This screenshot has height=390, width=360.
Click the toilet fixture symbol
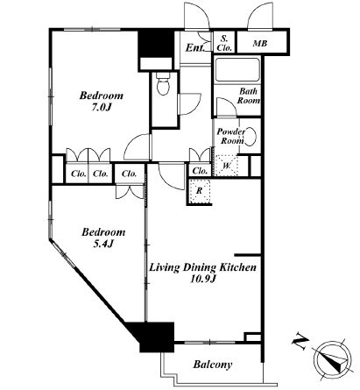click(163, 83)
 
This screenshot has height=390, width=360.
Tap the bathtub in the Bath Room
click(237, 70)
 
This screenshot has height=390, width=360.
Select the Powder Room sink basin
click(251, 136)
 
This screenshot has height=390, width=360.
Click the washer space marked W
click(227, 166)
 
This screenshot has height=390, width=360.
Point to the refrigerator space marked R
click(200, 191)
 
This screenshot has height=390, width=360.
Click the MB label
click(260, 44)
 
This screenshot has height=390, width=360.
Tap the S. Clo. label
click(225, 43)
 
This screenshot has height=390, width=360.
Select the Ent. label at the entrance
click(195, 47)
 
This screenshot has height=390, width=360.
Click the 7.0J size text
click(102, 108)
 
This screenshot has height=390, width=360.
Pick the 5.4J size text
click(102, 244)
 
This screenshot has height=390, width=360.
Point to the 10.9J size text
click(203, 279)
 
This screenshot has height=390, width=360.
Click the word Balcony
click(213, 365)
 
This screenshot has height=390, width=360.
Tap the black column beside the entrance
click(156, 44)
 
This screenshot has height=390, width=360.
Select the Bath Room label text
click(249, 96)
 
